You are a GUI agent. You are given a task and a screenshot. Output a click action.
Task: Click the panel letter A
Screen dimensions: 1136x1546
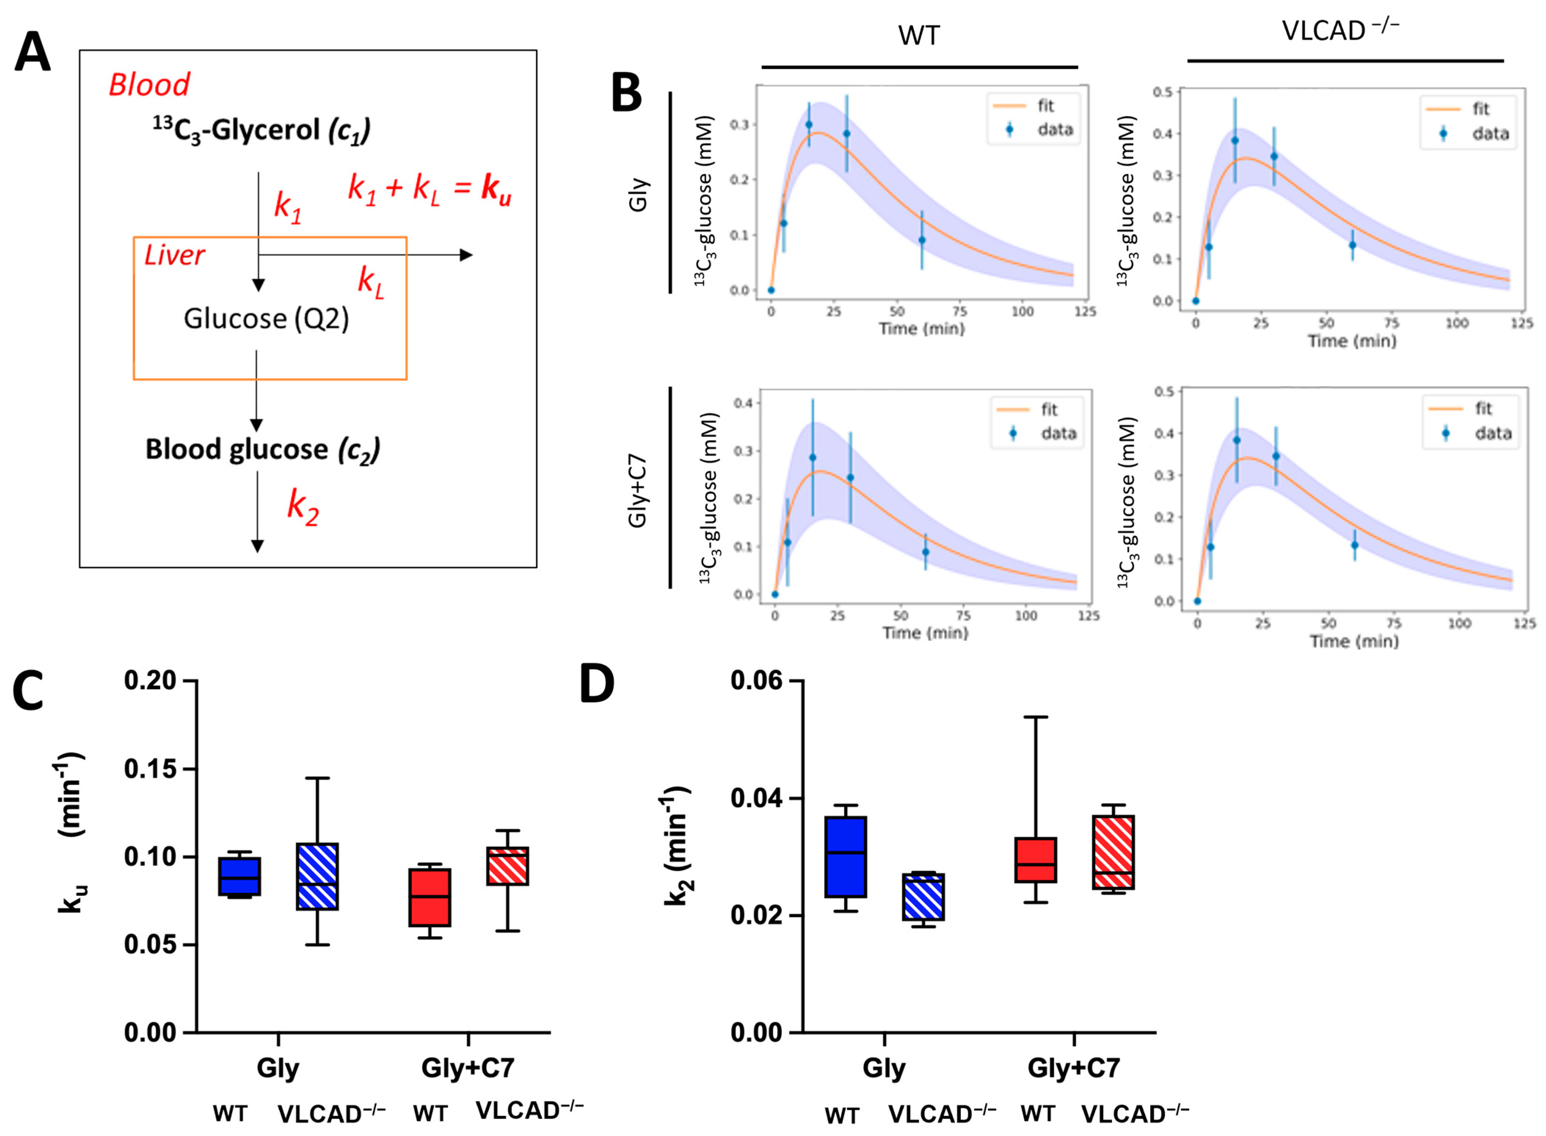pos(32,55)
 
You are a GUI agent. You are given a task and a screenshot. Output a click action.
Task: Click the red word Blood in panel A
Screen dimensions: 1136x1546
pos(149,85)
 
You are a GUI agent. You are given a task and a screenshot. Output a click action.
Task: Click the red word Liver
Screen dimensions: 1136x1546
pos(174,256)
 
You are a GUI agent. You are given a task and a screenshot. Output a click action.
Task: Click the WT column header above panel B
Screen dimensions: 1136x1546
pos(919,36)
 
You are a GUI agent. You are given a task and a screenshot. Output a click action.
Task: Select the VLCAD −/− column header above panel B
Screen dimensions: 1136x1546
pos(1341,31)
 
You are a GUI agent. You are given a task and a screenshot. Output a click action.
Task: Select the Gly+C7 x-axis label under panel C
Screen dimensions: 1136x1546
pos(468,1068)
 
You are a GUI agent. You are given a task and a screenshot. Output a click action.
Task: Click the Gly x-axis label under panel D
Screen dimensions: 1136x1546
pos(885,1068)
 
